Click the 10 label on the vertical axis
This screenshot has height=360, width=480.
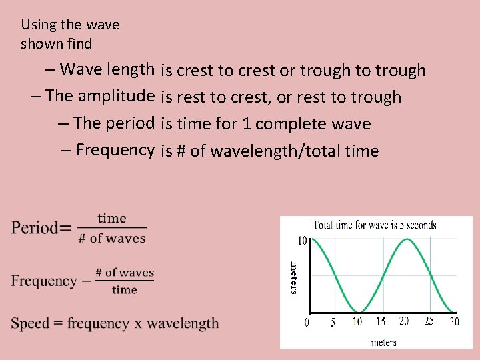click(x=301, y=241)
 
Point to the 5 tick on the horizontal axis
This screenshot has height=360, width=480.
click(x=333, y=323)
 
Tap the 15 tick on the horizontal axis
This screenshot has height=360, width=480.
click(x=381, y=322)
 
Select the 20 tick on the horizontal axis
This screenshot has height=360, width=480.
click(x=404, y=321)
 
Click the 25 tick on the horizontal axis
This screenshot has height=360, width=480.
click(x=429, y=321)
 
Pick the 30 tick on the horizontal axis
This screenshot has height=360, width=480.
click(x=454, y=322)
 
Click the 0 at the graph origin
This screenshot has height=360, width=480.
click(x=307, y=323)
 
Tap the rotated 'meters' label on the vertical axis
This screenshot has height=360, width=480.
click(x=293, y=277)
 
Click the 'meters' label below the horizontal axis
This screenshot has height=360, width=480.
click(x=383, y=342)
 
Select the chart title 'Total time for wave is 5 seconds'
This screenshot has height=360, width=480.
click(x=375, y=225)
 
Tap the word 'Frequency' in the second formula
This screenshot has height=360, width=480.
click(x=43, y=281)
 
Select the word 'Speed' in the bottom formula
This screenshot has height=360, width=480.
click(x=31, y=323)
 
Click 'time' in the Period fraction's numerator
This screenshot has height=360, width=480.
click(x=111, y=218)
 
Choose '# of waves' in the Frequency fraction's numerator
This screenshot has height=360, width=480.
click(x=125, y=272)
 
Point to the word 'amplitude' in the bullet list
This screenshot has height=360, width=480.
click(x=116, y=95)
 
